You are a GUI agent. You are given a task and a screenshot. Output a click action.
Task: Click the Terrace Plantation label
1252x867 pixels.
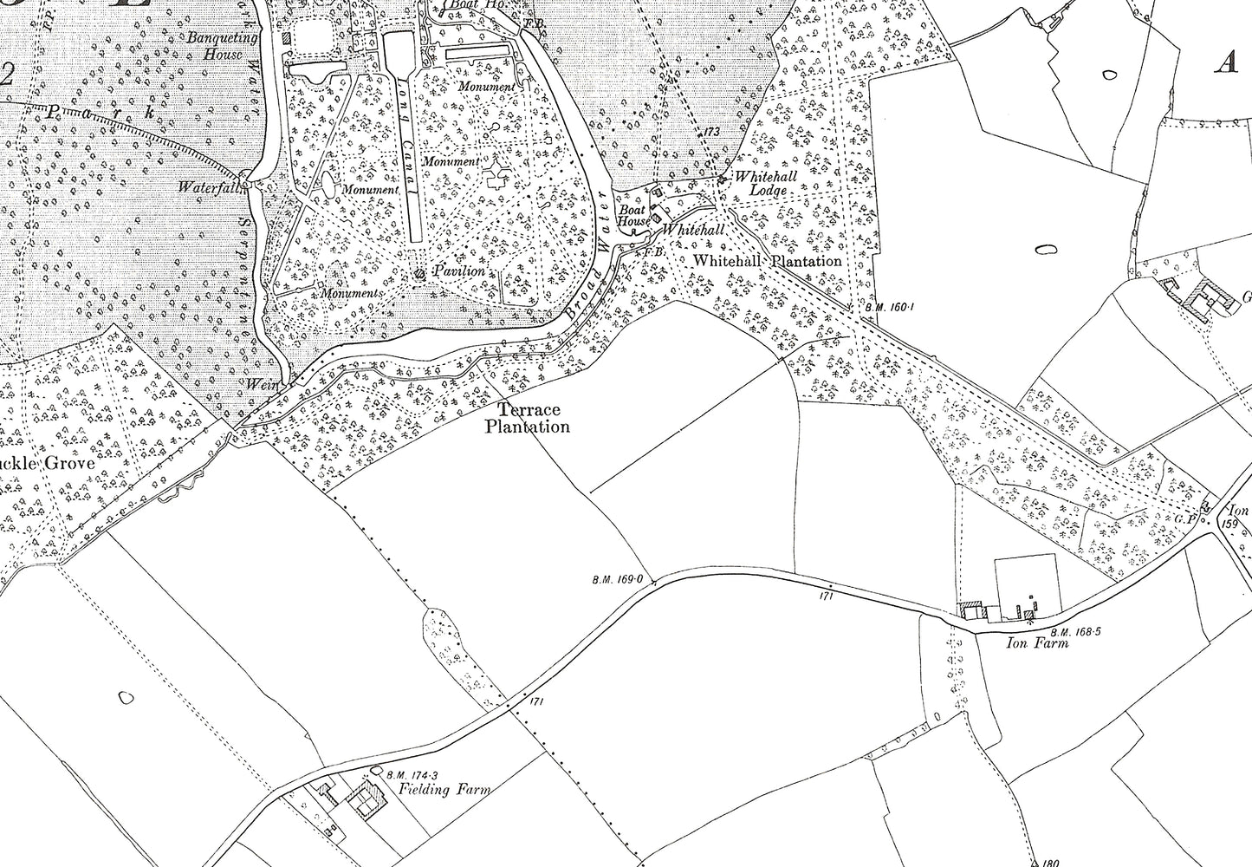click(x=528, y=418)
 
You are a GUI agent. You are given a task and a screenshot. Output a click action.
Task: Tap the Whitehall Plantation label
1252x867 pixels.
click(x=768, y=261)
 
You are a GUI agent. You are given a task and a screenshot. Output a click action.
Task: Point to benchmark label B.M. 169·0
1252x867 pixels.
click(x=616, y=579)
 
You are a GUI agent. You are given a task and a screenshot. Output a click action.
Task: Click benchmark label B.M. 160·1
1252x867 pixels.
click(x=888, y=306)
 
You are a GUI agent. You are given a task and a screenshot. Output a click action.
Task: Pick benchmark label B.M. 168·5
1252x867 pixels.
click(x=1075, y=632)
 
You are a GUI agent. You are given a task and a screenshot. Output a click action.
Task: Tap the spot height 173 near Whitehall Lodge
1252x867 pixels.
click(x=712, y=132)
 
